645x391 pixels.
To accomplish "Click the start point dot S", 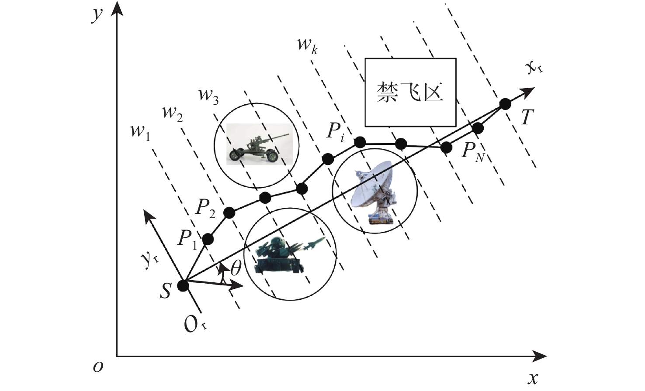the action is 183,286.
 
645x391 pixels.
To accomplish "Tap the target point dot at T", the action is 505,103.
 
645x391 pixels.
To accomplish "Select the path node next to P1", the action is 208,239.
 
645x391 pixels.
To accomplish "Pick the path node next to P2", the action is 229,213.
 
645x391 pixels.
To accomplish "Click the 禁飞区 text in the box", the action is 410,93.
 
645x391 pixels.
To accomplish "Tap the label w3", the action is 208,96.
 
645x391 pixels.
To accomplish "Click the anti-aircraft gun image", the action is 260,144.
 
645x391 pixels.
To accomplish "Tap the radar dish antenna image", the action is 375,192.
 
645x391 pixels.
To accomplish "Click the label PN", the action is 472,153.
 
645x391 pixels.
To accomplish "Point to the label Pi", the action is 336,133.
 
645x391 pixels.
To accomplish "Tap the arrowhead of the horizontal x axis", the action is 539,357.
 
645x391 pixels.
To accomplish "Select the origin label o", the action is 98,367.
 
